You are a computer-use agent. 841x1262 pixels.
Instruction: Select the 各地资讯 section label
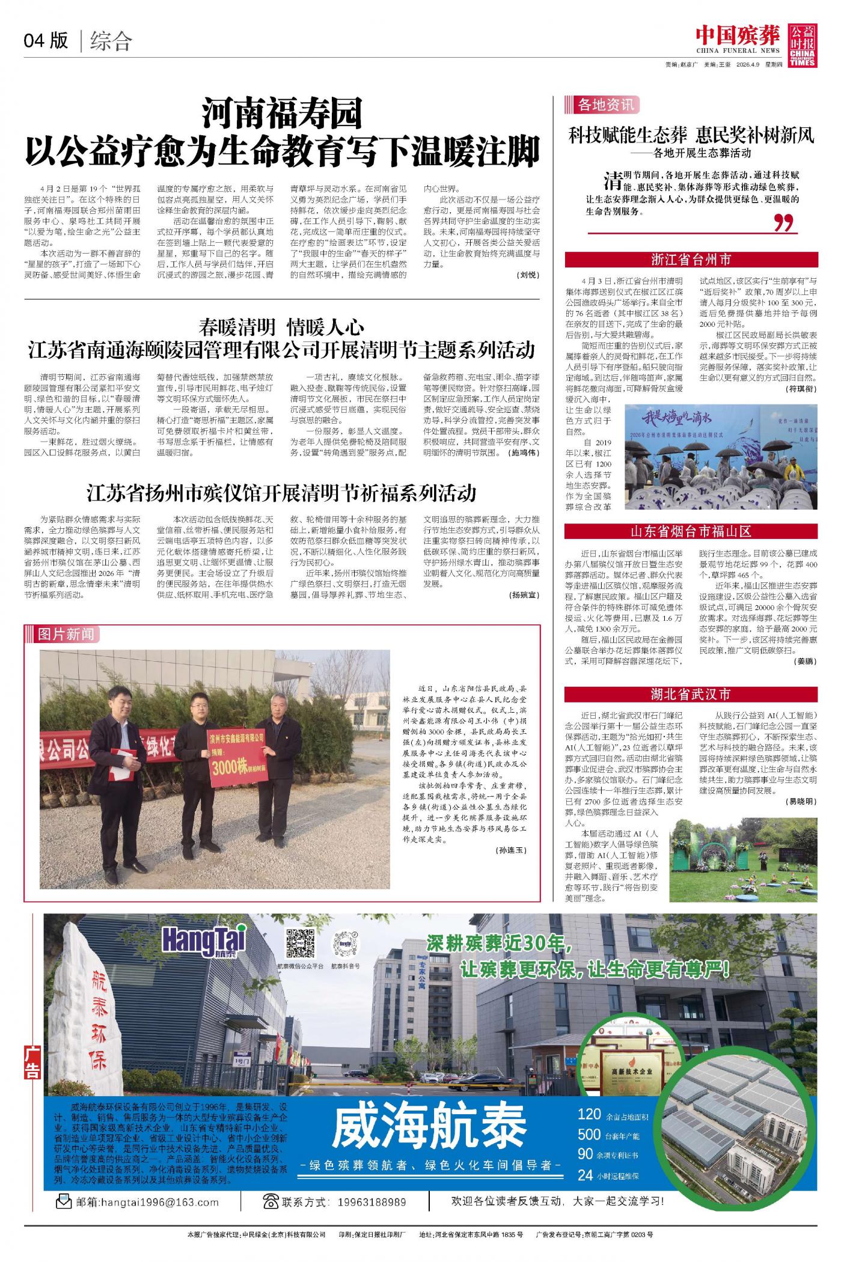(605, 105)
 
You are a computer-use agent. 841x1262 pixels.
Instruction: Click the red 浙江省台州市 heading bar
(691, 260)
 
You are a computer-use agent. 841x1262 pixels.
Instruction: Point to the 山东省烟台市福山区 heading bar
(691, 531)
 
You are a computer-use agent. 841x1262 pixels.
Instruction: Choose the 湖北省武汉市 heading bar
(691, 695)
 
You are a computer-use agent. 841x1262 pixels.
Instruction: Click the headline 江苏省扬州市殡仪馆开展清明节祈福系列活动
(281, 493)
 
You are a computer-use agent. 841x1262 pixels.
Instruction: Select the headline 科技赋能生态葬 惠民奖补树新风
(691, 135)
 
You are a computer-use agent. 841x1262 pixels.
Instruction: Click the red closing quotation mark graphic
(783, 223)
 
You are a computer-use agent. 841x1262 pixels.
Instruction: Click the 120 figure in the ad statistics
(589, 1114)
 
